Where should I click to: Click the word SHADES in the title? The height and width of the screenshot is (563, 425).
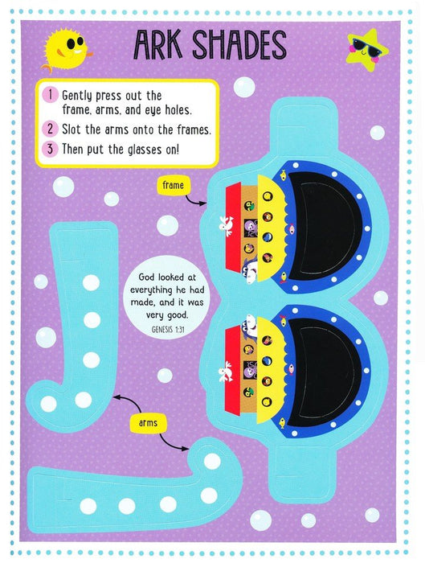239,44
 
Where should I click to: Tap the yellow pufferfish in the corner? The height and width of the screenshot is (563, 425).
67,50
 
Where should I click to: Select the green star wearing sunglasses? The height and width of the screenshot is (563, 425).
366,50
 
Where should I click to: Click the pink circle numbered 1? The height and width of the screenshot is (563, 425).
50,95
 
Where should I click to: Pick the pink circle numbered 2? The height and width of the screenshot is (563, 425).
50,129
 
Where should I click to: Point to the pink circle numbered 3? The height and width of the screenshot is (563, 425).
50,148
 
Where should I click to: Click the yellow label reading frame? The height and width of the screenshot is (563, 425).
174,186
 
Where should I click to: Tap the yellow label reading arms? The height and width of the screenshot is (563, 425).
148,423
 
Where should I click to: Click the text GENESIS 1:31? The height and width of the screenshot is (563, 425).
168,330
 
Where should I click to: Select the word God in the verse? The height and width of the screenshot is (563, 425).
146,277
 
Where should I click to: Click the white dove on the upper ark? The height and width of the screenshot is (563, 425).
227,225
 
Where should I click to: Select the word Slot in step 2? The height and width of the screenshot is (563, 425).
72,129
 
